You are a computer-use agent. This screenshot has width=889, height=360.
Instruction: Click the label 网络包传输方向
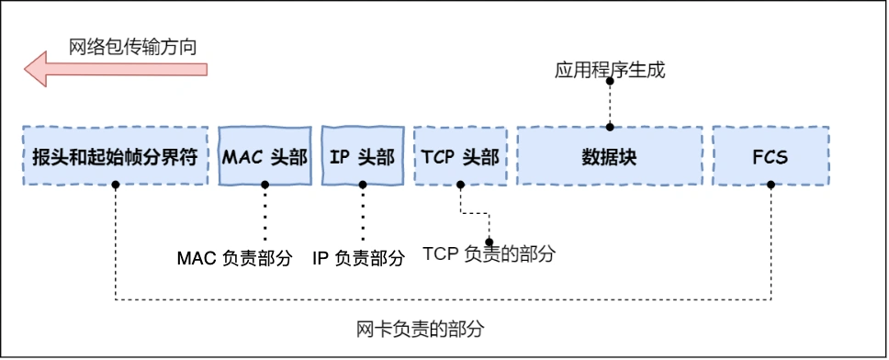133,45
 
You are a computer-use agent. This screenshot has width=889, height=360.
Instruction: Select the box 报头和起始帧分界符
116,155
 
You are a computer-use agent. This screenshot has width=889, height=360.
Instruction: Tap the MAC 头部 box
264,155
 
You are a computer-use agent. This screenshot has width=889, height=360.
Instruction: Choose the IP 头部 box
362,155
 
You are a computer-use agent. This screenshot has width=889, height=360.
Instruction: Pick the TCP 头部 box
460,155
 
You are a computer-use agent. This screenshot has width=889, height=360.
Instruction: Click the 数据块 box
609,155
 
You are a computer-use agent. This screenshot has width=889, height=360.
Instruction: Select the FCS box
770,155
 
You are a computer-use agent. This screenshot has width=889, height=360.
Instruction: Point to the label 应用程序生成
609,70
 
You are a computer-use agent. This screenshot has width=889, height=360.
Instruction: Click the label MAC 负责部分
234,258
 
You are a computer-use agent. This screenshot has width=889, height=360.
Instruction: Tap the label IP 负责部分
358,258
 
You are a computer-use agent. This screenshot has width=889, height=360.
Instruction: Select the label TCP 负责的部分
489,254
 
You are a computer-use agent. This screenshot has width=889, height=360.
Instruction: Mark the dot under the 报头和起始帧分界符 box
116,185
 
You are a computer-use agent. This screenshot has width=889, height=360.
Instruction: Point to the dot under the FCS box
770,185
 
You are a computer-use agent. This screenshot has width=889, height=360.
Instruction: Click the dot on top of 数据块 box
609,127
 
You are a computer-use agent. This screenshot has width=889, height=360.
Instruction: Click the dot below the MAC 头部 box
264,185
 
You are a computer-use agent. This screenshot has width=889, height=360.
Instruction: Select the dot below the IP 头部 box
362,185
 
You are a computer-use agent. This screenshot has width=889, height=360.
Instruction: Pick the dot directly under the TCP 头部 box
460,185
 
